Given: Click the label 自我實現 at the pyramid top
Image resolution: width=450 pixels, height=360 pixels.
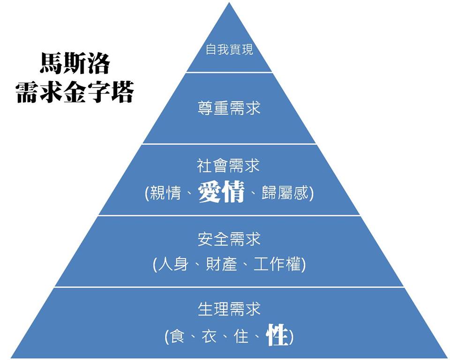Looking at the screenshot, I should (x=229, y=50).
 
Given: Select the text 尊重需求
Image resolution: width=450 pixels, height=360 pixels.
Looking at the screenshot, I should (x=229, y=108).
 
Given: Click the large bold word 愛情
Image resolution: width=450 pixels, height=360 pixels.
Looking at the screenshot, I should (x=221, y=192).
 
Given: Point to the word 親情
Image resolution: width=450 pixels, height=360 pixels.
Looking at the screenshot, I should (x=165, y=193).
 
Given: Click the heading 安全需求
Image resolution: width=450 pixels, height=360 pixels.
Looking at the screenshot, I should (x=229, y=240).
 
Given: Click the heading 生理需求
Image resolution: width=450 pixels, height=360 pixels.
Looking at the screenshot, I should (x=229, y=309).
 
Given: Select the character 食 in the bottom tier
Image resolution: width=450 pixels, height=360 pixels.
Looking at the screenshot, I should (x=178, y=336).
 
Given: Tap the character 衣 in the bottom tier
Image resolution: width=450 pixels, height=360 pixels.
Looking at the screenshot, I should (x=209, y=336).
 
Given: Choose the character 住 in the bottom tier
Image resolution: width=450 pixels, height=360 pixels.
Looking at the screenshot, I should (x=241, y=336).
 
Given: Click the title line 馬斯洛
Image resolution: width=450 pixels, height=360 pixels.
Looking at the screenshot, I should (x=75, y=64).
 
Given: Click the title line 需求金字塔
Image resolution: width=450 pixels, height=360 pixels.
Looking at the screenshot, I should (x=75, y=91).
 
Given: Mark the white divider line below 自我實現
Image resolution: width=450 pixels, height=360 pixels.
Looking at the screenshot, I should (x=229, y=72).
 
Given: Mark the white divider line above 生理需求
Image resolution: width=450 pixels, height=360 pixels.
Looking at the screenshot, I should (x=229, y=287).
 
